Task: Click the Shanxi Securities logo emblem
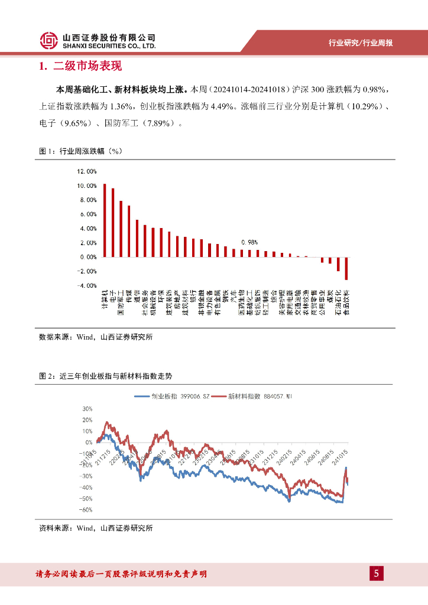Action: [x=50, y=40]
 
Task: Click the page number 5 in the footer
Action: [x=377, y=574]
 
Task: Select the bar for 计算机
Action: [x=105, y=220]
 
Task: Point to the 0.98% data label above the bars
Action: [x=249, y=242]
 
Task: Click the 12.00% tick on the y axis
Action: [x=86, y=172]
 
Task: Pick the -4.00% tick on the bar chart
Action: [x=86, y=286]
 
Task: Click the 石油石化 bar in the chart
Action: [x=338, y=264]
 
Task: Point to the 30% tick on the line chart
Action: [x=87, y=409]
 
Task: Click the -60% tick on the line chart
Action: [x=86, y=510]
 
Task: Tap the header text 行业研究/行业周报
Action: [x=361, y=43]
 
